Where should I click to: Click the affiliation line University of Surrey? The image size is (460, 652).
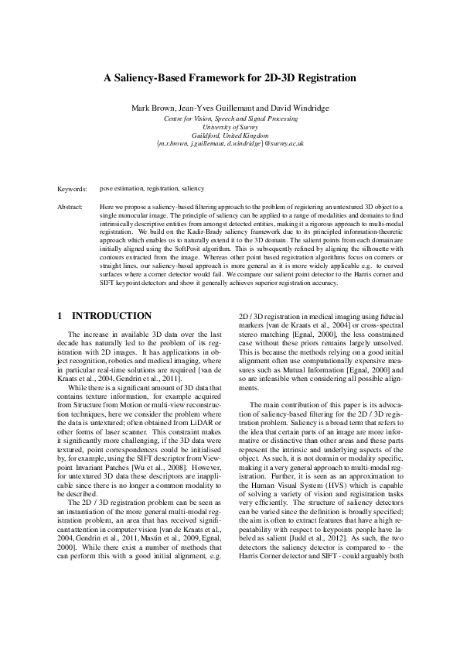tap(230, 126)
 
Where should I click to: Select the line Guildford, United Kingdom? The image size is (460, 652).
tap(230, 135)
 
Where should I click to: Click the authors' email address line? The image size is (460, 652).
tap(230, 143)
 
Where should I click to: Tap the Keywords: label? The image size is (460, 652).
tap(72, 188)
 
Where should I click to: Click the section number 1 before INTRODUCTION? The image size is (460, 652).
tap(60, 316)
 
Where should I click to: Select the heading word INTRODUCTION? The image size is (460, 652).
tap(111, 316)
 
